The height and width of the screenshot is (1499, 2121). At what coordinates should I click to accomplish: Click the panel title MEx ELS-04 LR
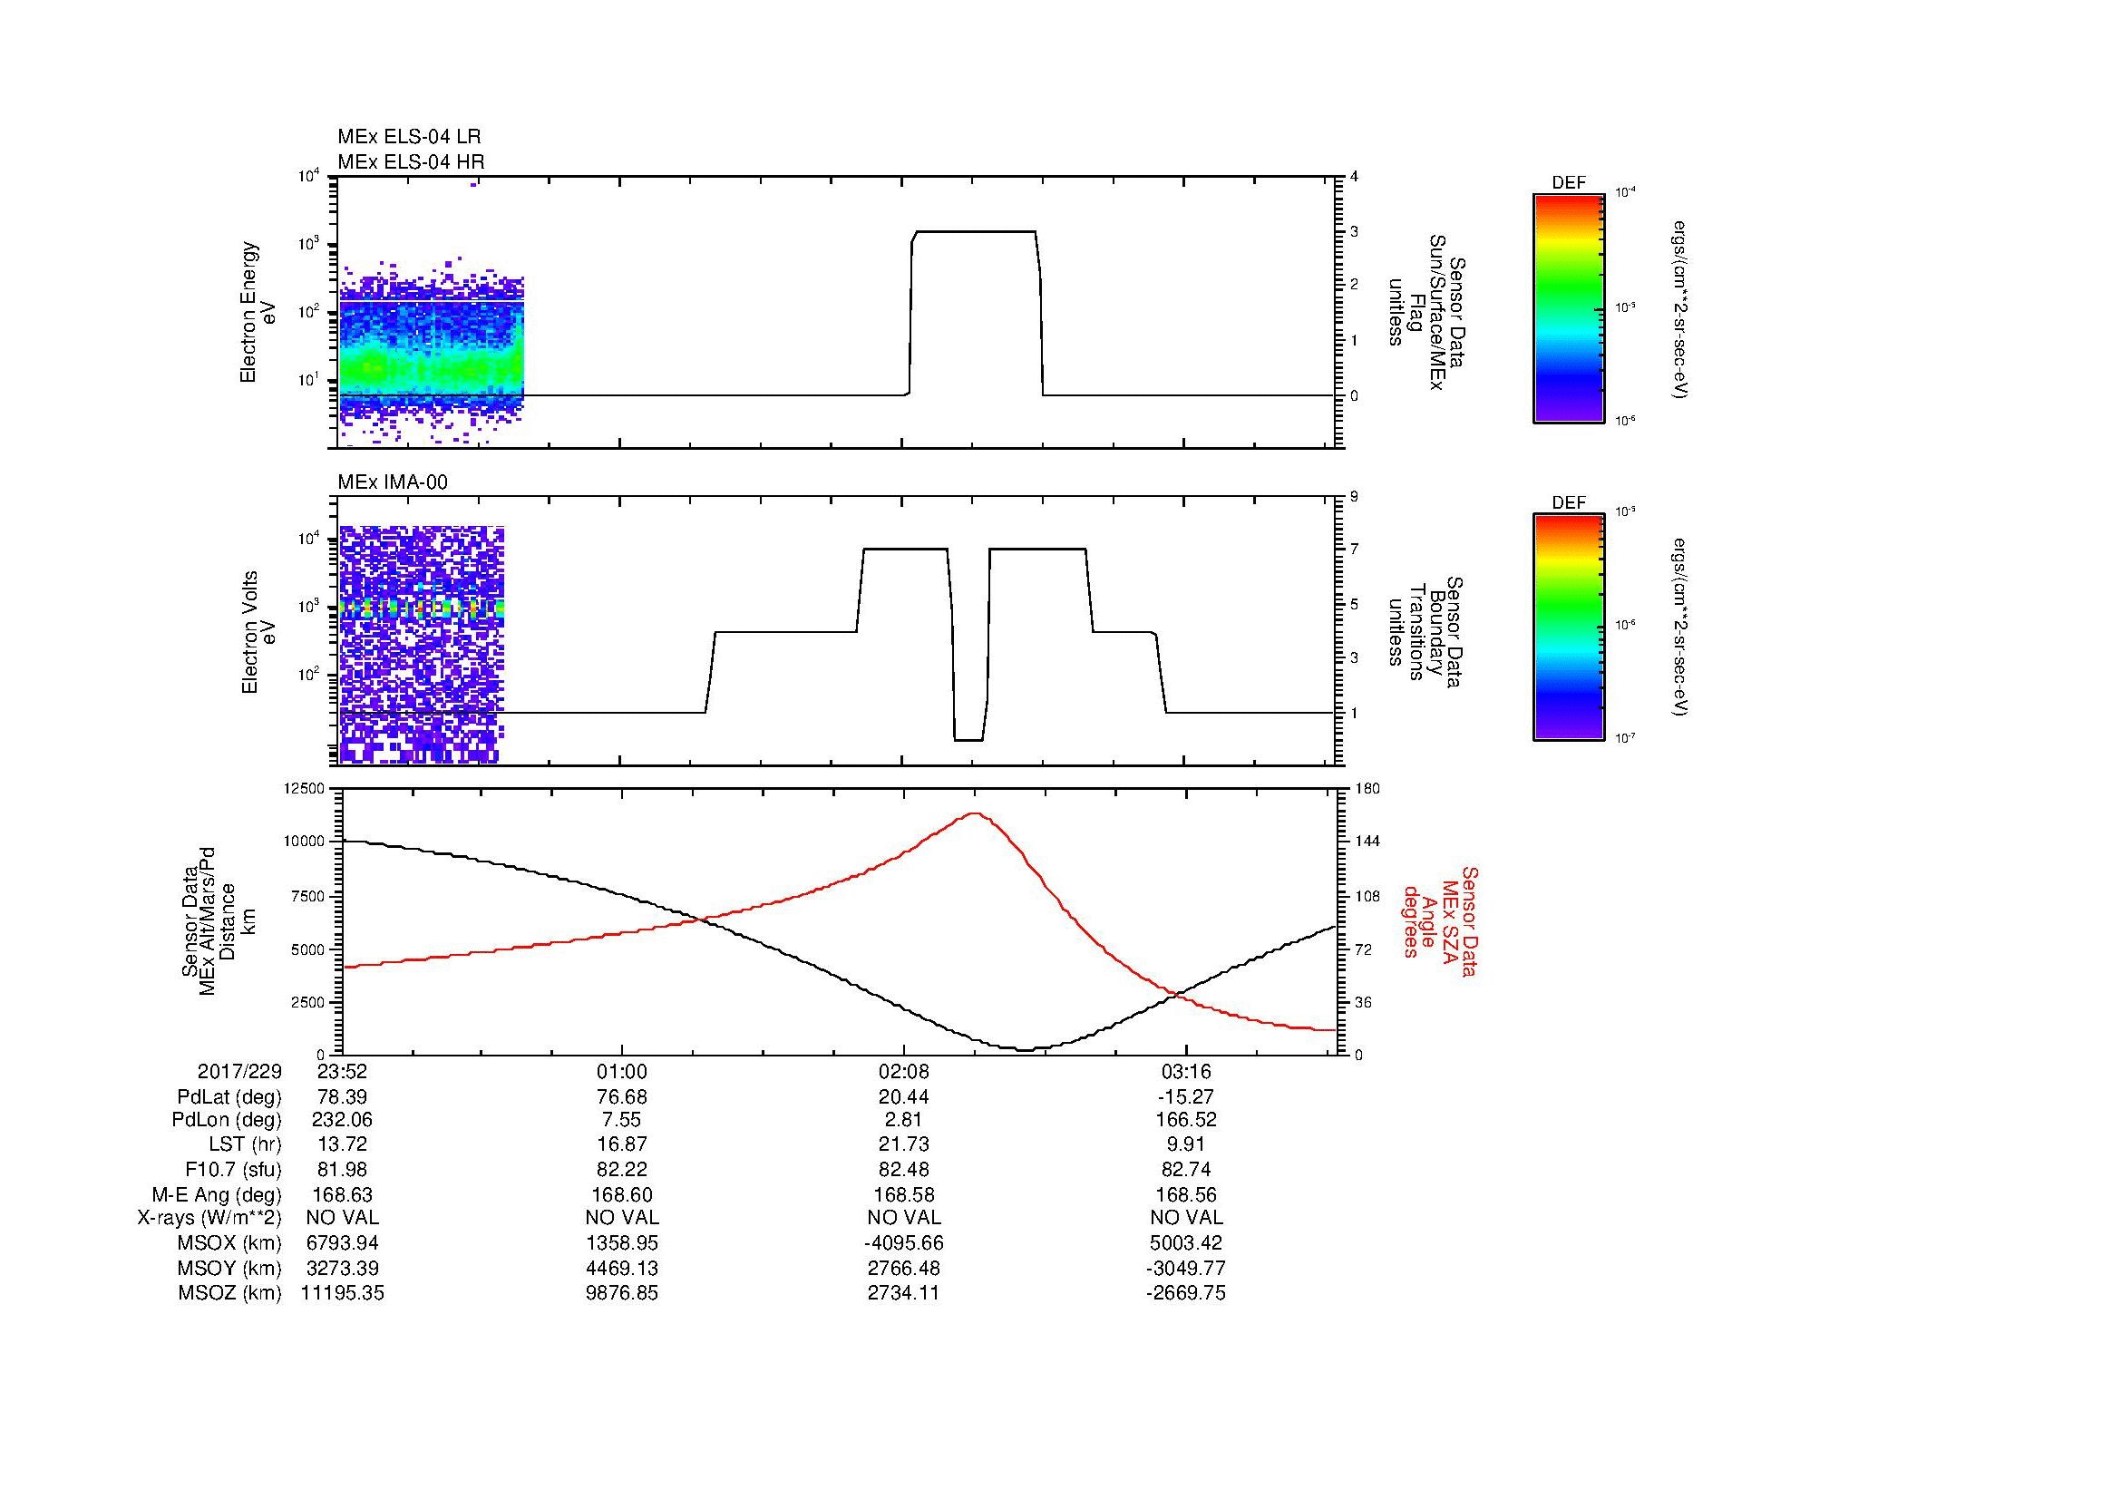coord(408,137)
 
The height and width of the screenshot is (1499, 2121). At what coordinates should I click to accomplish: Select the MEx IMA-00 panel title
coord(393,482)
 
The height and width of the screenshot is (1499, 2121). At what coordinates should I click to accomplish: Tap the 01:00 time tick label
coord(622,1072)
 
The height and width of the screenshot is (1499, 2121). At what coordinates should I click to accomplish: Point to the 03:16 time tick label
coord(1185,1072)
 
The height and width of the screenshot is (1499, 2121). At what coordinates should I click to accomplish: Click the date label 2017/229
coord(239,1072)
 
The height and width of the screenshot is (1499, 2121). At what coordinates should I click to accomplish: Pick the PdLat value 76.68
coord(622,1096)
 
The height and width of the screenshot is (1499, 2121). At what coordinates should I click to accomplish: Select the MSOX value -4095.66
coord(903,1243)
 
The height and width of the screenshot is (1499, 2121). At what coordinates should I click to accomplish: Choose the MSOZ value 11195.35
coord(343,1293)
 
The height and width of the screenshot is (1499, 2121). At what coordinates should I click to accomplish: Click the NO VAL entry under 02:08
coord(903,1218)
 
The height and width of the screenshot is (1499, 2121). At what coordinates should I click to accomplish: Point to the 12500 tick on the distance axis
coord(305,788)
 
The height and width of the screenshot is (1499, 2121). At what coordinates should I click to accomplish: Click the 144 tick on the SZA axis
coord(1367,842)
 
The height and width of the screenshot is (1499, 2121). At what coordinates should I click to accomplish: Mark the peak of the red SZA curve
coord(976,813)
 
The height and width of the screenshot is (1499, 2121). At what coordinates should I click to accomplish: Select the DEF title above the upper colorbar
coord(1569,183)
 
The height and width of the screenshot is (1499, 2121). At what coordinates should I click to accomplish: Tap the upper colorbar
coord(1569,307)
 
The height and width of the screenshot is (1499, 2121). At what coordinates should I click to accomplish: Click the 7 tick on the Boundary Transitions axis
coord(1354,550)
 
